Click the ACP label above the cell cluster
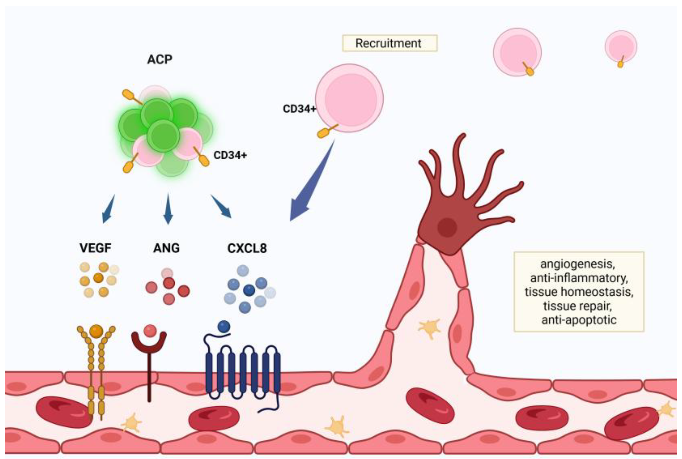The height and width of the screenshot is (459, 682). click(x=160, y=59)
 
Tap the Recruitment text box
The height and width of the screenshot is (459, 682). click(x=390, y=43)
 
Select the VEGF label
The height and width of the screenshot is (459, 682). click(x=95, y=248)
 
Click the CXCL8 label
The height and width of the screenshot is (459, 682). click(x=247, y=248)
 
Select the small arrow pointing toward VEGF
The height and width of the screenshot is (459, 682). click(x=108, y=209)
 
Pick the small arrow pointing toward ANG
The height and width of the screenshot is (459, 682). click(x=168, y=209)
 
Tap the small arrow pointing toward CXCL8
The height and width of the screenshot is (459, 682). click(x=222, y=206)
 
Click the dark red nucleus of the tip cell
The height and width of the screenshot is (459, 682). click(x=447, y=227)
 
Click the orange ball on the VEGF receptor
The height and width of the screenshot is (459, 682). click(x=96, y=331)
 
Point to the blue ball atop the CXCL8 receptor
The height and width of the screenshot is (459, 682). click(x=224, y=327)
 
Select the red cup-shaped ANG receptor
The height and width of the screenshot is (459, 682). click(x=149, y=342)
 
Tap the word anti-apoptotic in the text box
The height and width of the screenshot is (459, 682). click(x=579, y=320)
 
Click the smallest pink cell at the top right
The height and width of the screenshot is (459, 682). click(x=621, y=46)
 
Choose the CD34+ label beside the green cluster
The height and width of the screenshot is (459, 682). click(x=230, y=155)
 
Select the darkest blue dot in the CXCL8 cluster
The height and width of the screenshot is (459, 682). click(x=249, y=290)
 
